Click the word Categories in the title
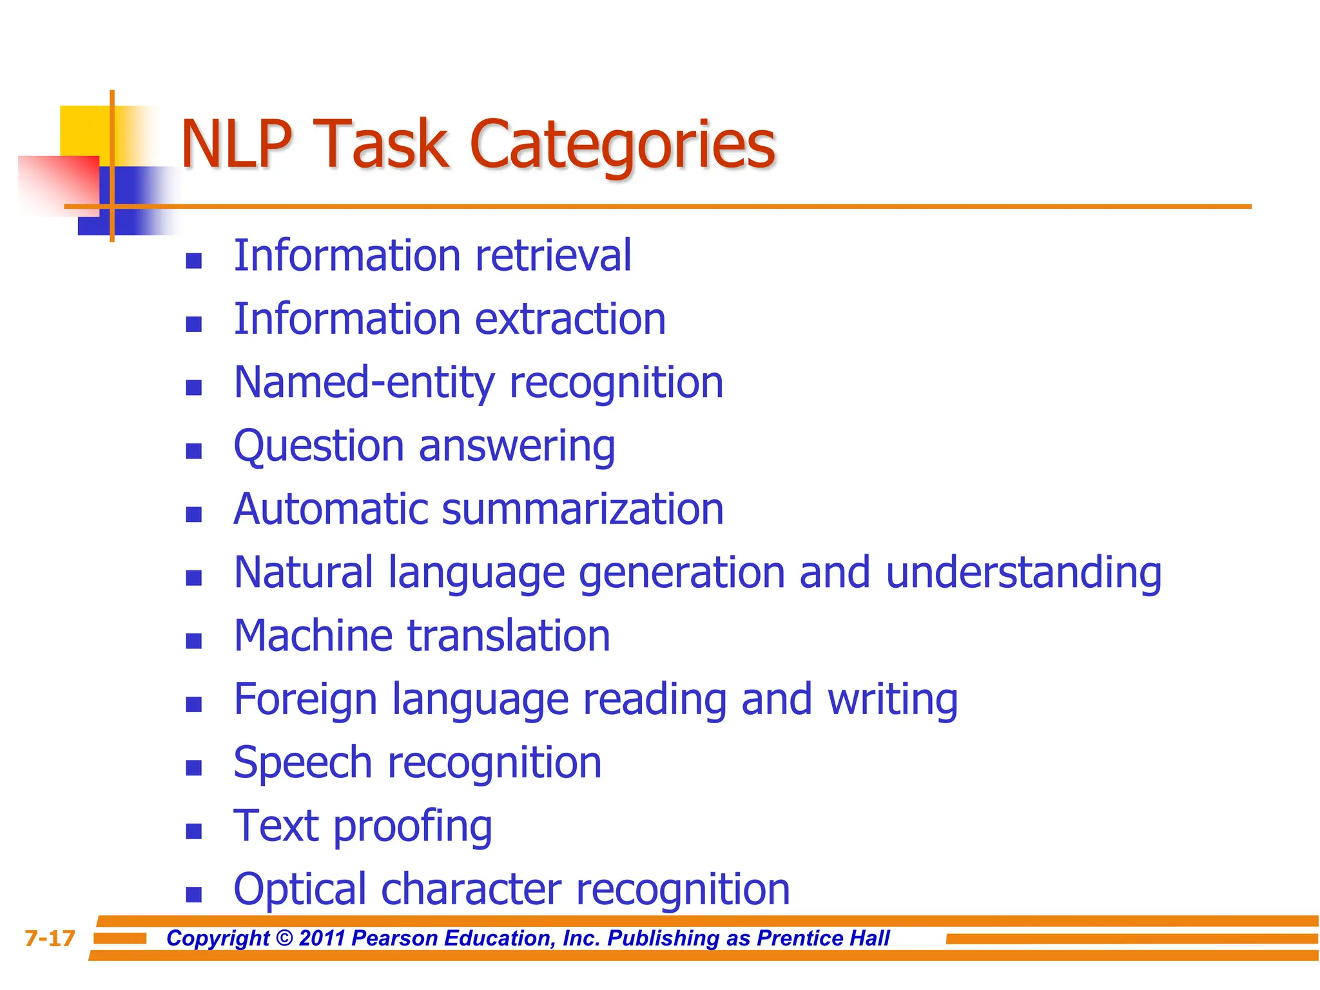pyautogui.click(x=623, y=147)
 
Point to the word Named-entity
pyautogui.click(x=364, y=383)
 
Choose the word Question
pyautogui.click(x=318, y=446)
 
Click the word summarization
pyautogui.click(x=583, y=509)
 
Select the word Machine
pyautogui.click(x=313, y=636)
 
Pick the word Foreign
pyautogui.click(x=305, y=700)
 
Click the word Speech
pyautogui.click(x=302, y=763)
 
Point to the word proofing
pyautogui.click(x=412, y=827)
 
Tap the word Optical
pyautogui.click(x=300, y=890)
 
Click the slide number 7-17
pyautogui.click(x=50, y=938)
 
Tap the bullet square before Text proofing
pyautogui.click(x=193, y=831)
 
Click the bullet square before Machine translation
pyautogui.click(x=193, y=641)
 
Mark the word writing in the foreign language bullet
pyautogui.click(x=892, y=700)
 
